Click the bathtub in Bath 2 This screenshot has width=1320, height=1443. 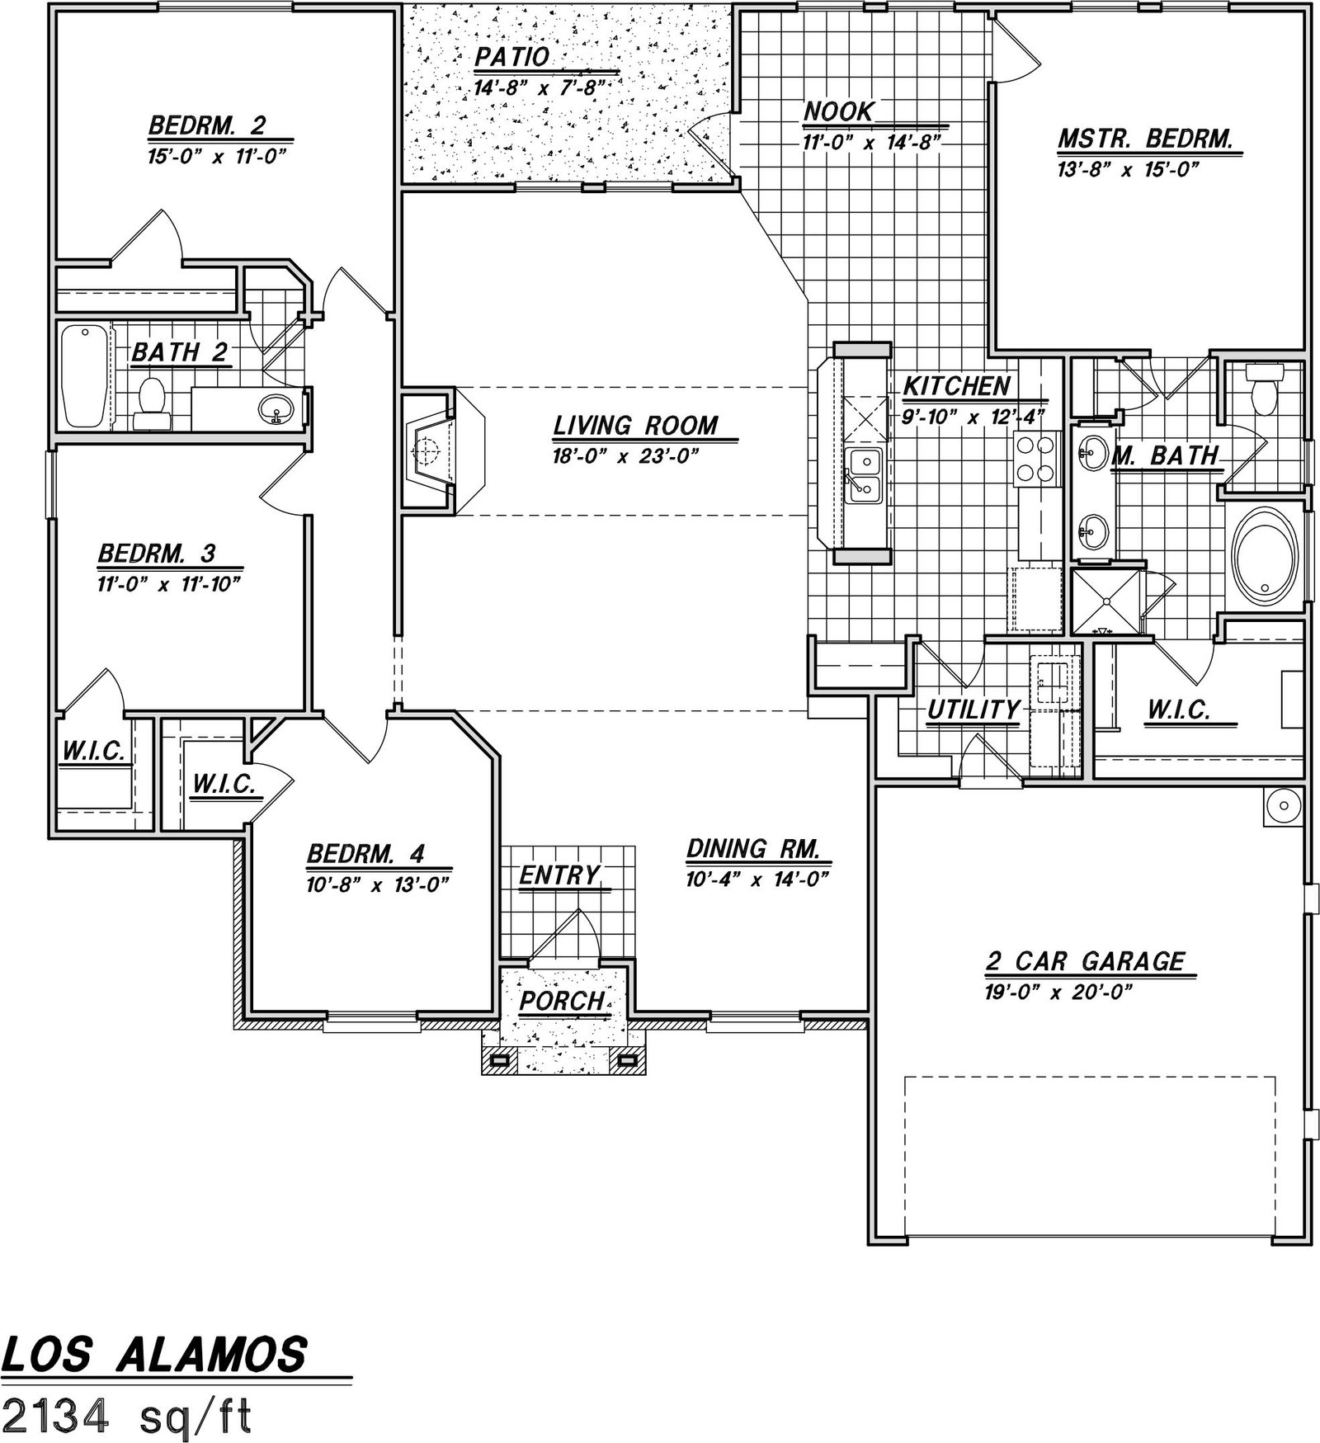(x=85, y=376)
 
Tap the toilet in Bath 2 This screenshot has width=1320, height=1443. (x=150, y=403)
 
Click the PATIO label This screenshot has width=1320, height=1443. (x=511, y=57)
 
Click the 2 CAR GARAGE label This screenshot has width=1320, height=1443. (x=1085, y=961)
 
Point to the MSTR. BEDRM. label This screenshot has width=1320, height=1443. (x=1145, y=138)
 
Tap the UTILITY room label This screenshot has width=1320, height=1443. (x=973, y=710)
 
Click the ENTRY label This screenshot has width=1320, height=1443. (x=559, y=875)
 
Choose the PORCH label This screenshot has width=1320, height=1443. (x=563, y=1001)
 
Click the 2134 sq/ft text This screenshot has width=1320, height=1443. (x=128, y=1417)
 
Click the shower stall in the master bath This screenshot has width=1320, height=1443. (x=1105, y=601)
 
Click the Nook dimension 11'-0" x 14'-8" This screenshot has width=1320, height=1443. (x=872, y=143)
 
